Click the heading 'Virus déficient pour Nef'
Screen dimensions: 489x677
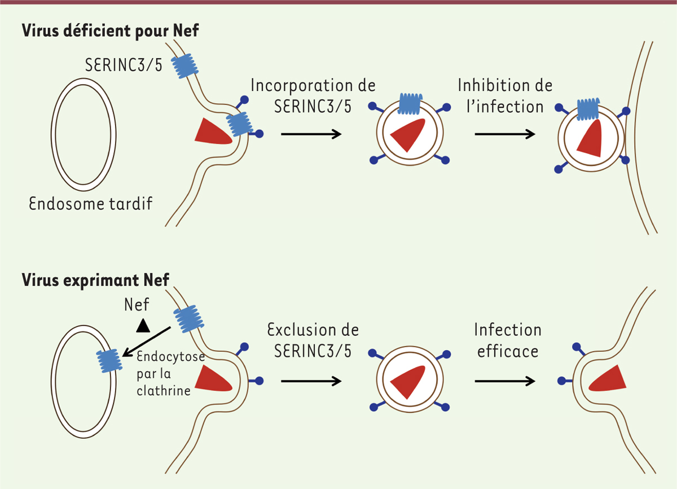coord(109,32)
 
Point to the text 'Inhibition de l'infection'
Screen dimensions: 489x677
coord(505,95)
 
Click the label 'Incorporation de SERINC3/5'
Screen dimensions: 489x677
coord(313,95)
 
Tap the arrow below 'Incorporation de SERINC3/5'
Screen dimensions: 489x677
coord(311,134)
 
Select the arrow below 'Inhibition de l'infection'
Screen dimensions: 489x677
coord(505,134)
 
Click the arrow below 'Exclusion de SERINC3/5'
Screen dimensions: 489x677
coord(311,381)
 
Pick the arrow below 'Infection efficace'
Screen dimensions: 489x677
coord(505,381)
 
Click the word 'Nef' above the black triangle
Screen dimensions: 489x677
coord(137,305)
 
